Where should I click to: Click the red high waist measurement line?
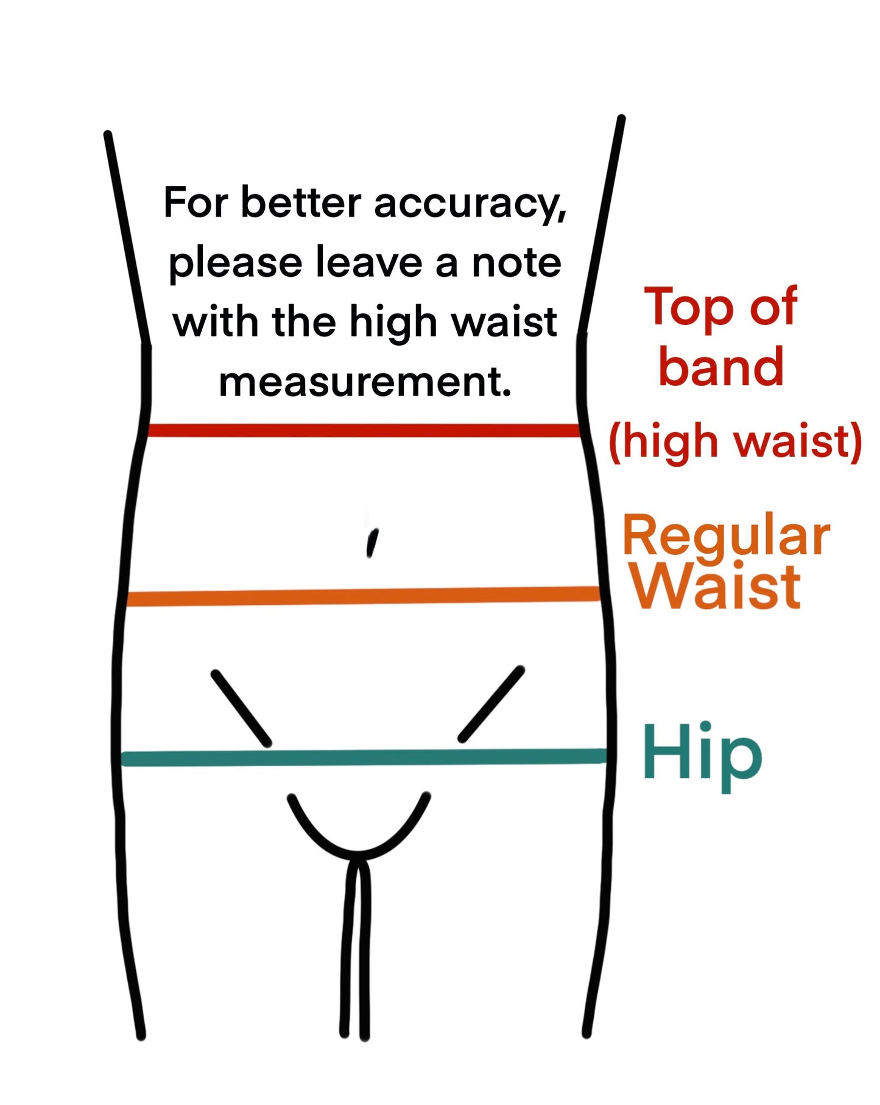click(x=364, y=431)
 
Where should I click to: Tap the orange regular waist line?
click(x=364, y=596)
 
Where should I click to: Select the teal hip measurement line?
click(x=364, y=758)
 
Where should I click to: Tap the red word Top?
click(x=689, y=308)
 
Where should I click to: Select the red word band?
click(x=721, y=366)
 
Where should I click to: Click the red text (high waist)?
click(x=735, y=441)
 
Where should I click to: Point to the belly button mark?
click(x=371, y=542)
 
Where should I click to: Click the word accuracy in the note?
click(x=470, y=204)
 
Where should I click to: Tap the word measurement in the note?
click(x=365, y=382)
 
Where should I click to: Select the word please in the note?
click(x=235, y=264)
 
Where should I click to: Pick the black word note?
click(x=516, y=263)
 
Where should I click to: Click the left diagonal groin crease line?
click(x=241, y=708)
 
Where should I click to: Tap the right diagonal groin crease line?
click(x=491, y=704)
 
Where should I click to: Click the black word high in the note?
click(x=393, y=322)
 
